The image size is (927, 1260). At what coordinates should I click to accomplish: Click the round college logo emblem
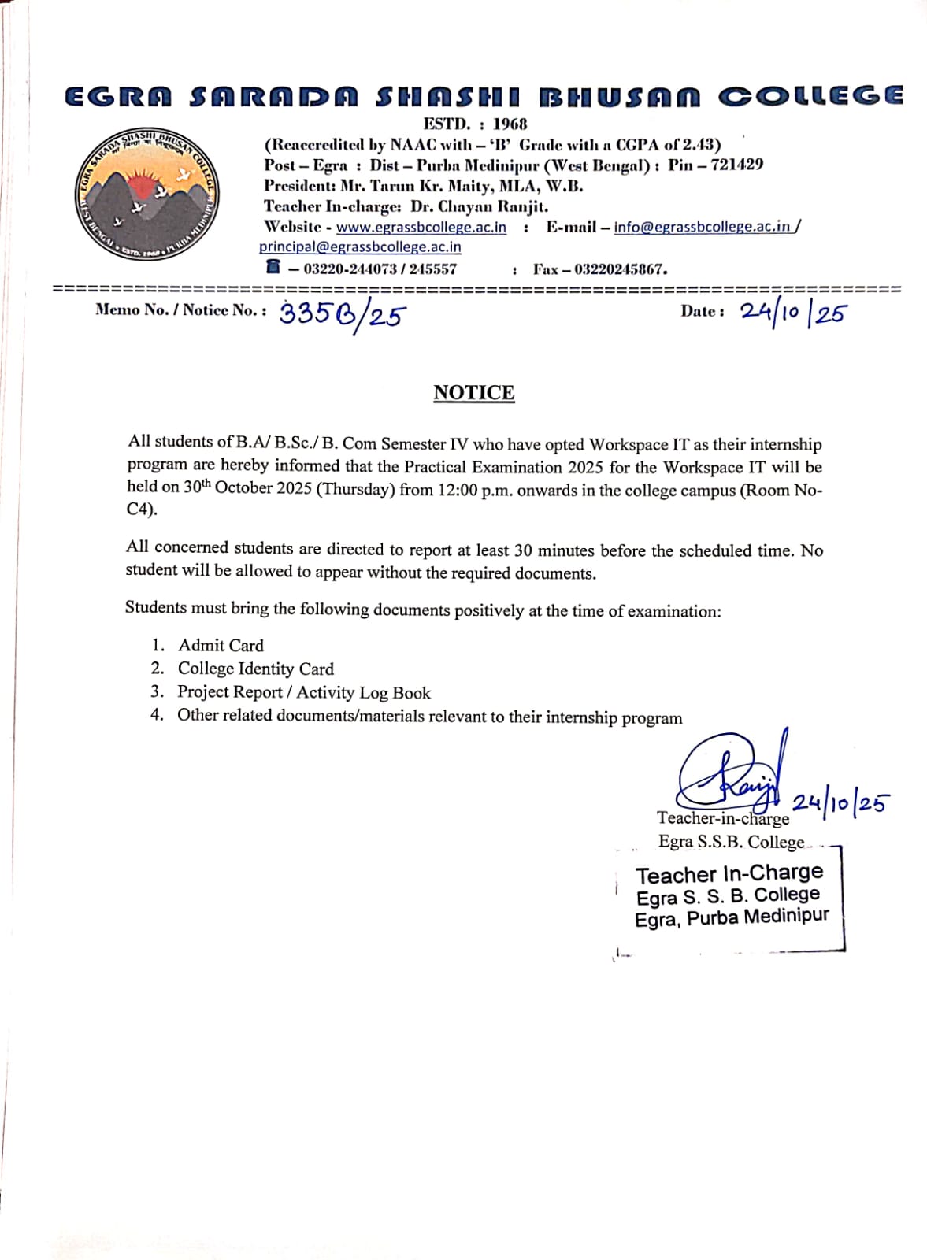pos(148,194)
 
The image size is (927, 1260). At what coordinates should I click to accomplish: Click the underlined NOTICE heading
pos(473,393)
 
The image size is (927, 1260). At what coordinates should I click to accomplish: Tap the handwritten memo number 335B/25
pos(342,315)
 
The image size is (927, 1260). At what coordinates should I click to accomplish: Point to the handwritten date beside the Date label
pos(792,313)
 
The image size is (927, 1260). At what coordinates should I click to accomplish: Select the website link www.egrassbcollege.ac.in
pos(421,228)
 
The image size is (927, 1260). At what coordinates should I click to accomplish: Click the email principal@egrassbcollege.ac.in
pos(360,247)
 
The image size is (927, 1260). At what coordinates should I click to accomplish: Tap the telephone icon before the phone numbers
pos(273,267)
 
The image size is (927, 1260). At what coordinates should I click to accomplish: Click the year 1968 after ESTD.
pos(510,124)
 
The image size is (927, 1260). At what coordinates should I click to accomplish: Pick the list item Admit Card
pos(221,646)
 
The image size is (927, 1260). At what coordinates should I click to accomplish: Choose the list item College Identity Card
pos(255,669)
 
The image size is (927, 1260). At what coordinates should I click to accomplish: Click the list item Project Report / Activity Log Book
pos(304,692)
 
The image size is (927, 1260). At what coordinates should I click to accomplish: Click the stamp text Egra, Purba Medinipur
pos(731,918)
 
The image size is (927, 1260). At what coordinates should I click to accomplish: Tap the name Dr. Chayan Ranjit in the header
pos(479,206)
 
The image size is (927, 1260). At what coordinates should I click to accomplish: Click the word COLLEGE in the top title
pos(810,96)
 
